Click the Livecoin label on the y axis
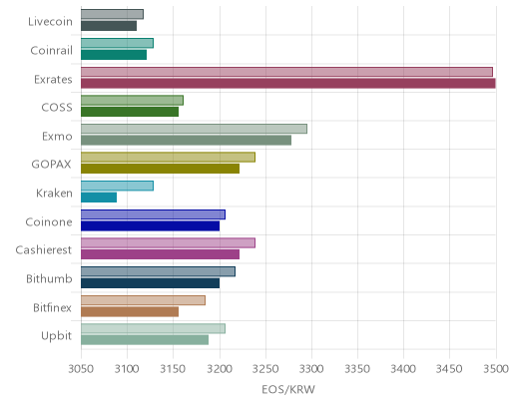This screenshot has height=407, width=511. coord(50,22)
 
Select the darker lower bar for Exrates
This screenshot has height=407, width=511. coord(288,83)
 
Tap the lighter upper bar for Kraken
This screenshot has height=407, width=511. coord(117,186)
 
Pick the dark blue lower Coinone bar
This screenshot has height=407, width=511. coord(150,225)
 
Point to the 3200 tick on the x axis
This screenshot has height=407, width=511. coord(220,369)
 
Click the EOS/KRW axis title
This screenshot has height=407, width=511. coord(288,389)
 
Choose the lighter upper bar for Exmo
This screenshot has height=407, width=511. coord(194,129)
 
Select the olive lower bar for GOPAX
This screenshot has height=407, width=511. coord(160,169)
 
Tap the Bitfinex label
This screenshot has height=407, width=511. coord(52,307)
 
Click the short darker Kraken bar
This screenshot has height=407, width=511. coord(99,198)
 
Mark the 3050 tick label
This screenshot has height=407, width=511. coord(81,369)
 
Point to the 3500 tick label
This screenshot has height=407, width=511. coord(496,369)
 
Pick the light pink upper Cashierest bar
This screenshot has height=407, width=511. coord(168,243)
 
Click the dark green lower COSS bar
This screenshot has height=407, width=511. coord(130,112)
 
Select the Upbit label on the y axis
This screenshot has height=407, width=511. coord(56,336)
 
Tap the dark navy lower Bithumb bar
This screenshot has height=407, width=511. coord(150,283)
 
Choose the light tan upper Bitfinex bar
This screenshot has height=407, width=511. coord(143,300)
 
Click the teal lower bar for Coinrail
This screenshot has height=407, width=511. coord(114,55)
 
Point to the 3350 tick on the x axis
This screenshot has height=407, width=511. coord(357,369)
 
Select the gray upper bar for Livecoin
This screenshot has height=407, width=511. coord(112,14)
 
